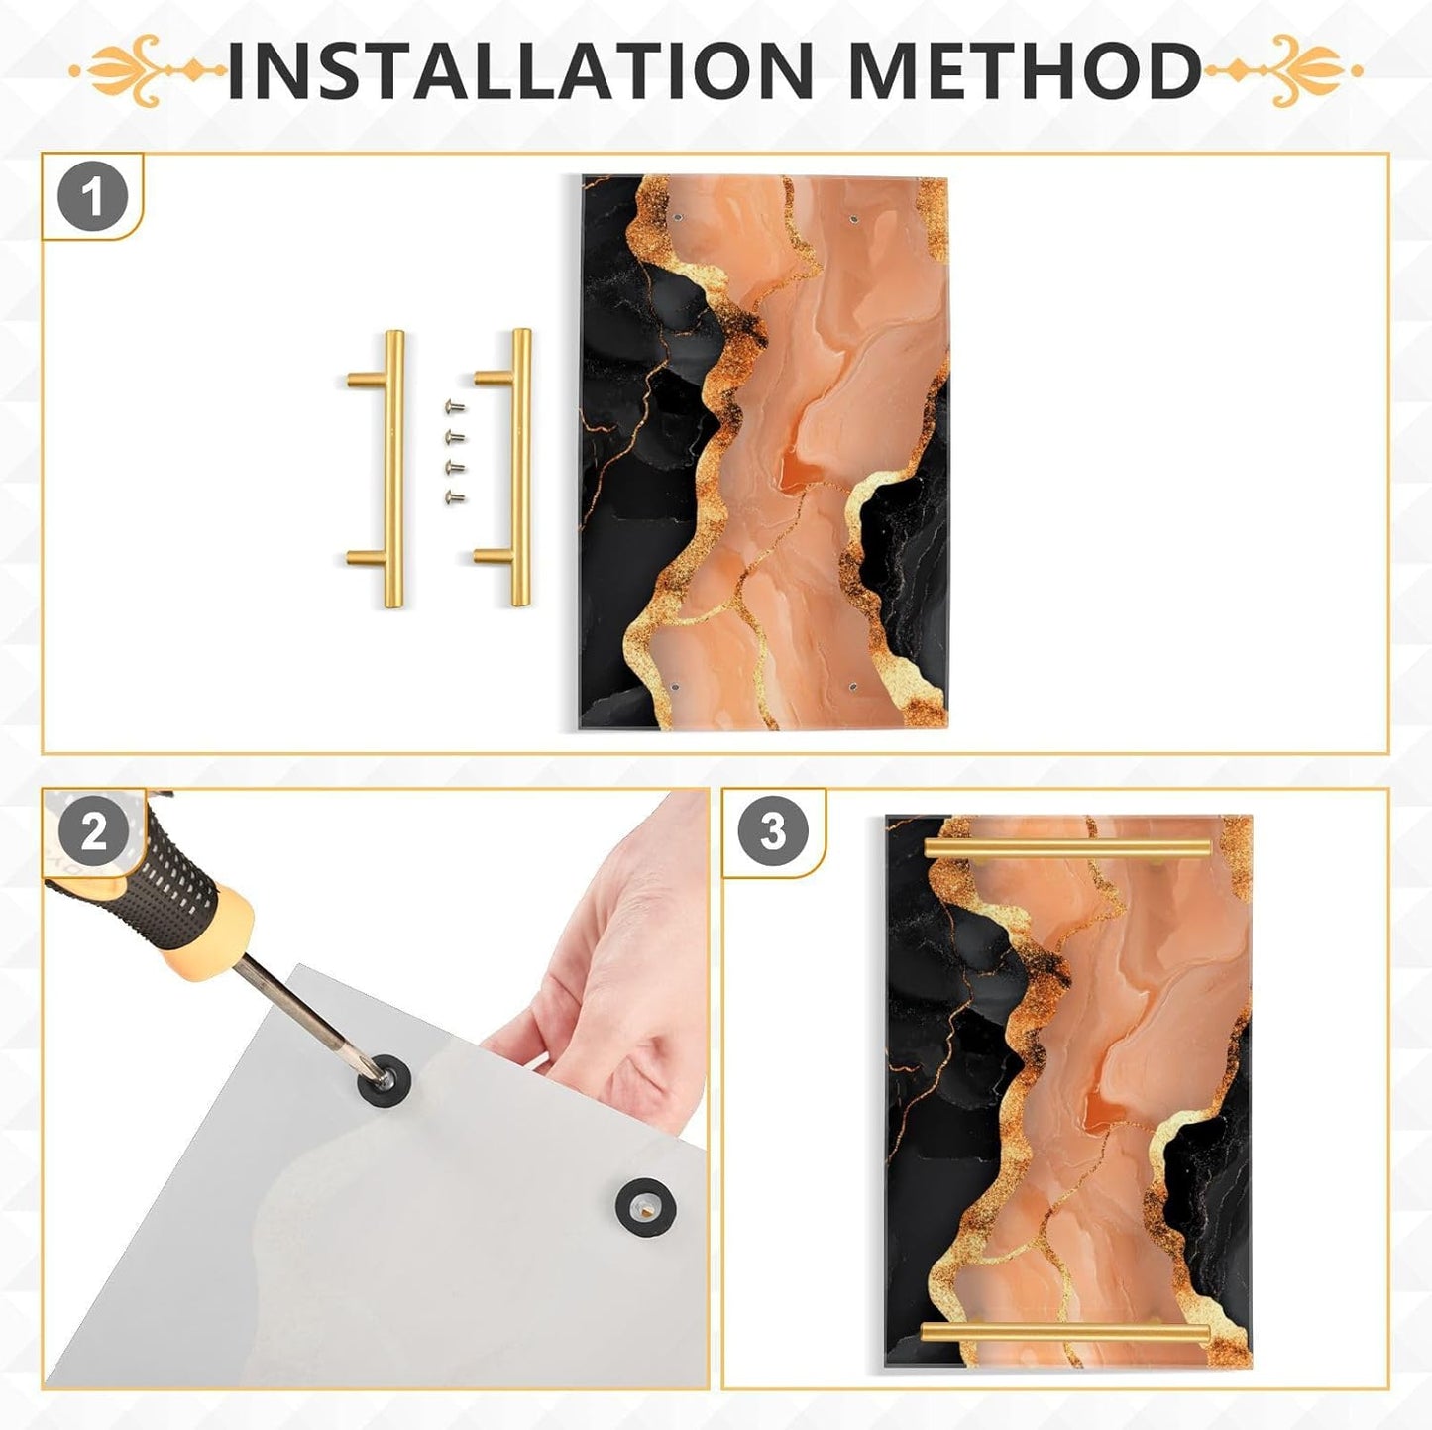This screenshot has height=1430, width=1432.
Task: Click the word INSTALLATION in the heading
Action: click(519, 70)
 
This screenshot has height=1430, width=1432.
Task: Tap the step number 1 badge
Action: click(93, 198)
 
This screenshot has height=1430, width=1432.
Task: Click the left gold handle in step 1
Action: click(392, 468)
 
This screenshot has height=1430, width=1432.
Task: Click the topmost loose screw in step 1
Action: click(454, 406)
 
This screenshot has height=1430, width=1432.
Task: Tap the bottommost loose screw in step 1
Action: click(454, 497)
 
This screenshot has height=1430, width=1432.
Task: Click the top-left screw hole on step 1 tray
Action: click(677, 218)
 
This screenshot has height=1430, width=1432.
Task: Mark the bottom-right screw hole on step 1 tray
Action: click(852, 688)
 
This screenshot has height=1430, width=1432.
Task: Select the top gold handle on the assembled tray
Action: click(1068, 848)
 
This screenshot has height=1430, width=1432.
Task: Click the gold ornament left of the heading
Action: click(149, 70)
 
